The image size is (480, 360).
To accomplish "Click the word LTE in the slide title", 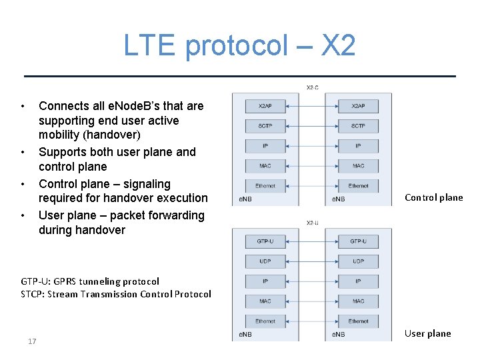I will (x=148, y=45).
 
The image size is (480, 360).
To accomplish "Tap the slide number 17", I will (x=32, y=341).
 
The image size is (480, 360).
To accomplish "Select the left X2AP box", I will (x=265, y=105).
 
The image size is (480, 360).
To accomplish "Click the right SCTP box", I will (x=358, y=125).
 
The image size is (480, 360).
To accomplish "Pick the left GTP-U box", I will (x=265, y=241).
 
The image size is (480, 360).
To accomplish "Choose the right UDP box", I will (x=358, y=261).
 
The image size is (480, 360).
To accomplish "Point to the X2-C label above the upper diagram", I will (x=312, y=87).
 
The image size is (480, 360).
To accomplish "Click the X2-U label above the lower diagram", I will (x=312, y=223).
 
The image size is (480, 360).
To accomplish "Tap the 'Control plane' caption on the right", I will (x=433, y=197).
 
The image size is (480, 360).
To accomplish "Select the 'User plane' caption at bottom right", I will (x=427, y=333).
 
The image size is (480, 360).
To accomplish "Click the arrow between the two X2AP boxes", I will (x=311, y=105).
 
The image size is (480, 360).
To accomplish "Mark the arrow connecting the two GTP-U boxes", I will (x=311, y=241).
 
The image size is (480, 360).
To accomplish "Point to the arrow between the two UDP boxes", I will (x=311, y=261).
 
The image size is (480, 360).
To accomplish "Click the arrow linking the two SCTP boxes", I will (x=311, y=125).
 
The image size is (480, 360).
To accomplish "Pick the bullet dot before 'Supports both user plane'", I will (x=23, y=152).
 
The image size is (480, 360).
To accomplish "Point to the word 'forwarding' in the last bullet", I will (x=173, y=215).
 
